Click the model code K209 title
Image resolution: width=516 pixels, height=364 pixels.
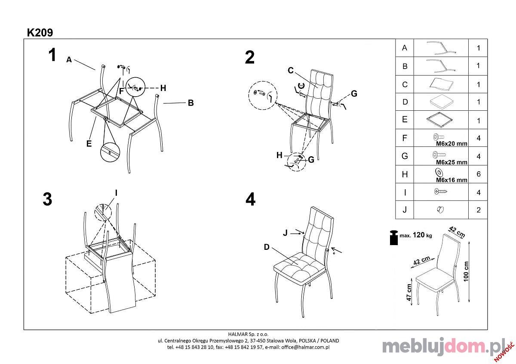pyautogui.click(x=40, y=33)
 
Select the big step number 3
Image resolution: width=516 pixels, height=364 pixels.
pyautogui.click(x=47, y=199)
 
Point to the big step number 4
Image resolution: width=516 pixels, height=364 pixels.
pyautogui.click(x=250, y=199)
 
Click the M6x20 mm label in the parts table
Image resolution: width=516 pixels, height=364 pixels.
pyautogui.click(x=452, y=144)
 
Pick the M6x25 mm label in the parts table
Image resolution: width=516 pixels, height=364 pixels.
pyautogui.click(x=452, y=162)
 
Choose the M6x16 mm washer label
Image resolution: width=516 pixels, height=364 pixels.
pyautogui.click(x=452, y=180)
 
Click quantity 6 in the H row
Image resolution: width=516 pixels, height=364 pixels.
pyautogui.click(x=479, y=174)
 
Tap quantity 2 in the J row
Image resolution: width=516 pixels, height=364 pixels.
pyautogui.click(x=479, y=210)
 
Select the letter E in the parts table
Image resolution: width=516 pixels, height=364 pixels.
pyautogui.click(x=405, y=119)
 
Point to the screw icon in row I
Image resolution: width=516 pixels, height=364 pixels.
pyautogui.click(x=441, y=191)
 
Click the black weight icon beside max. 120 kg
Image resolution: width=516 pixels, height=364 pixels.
pyautogui.click(x=394, y=237)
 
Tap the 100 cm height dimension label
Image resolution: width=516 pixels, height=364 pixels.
pyautogui.click(x=466, y=271)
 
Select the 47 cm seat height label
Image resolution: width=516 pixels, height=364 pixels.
pyautogui.click(x=409, y=292)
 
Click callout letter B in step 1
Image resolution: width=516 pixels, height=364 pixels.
pyautogui.click(x=191, y=103)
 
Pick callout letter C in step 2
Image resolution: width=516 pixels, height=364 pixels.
pyautogui.click(x=291, y=70)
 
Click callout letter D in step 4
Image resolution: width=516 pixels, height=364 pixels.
pyautogui.click(x=267, y=247)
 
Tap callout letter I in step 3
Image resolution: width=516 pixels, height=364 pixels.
pyautogui.click(x=116, y=193)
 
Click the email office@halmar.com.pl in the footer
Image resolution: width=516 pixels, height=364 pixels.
pyautogui.click(x=305, y=347)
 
